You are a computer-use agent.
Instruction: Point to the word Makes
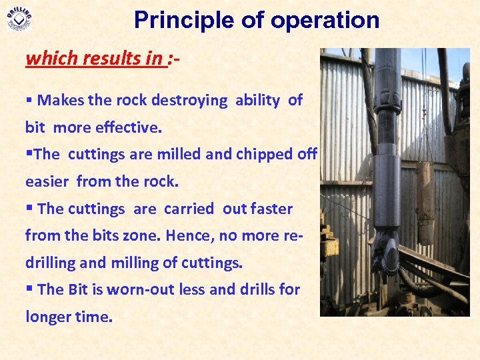59,101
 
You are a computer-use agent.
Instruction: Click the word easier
47,181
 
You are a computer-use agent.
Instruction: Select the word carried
187,209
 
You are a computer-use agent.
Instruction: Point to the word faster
272,209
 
